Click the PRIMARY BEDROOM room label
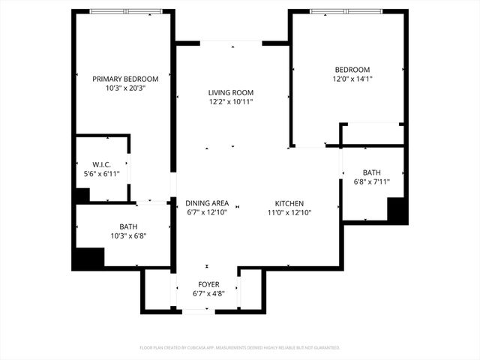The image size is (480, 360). (x=125, y=79)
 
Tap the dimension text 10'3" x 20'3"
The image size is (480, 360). (x=125, y=88)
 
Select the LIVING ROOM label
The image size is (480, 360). (x=231, y=92)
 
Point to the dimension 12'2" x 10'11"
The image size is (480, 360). (x=231, y=102)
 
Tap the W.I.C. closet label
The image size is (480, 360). (x=102, y=164)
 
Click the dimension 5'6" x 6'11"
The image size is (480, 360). (x=102, y=174)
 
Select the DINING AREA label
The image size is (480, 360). (x=208, y=203)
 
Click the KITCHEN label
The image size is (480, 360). (x=289, y=203)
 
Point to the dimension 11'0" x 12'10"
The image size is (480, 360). (x=289, y=213)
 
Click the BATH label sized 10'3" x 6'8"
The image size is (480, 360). (x=128, y=226)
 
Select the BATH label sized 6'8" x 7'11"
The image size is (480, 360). (x=371, y=172)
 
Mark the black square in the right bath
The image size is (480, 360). (x=397, y=210)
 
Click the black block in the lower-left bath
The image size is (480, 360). (x=88, y=259)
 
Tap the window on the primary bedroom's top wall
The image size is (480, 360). (x=125, y=11)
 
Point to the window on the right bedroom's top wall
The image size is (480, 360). (x=347, y=11)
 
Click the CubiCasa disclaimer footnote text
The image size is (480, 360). (x=240, y=348)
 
